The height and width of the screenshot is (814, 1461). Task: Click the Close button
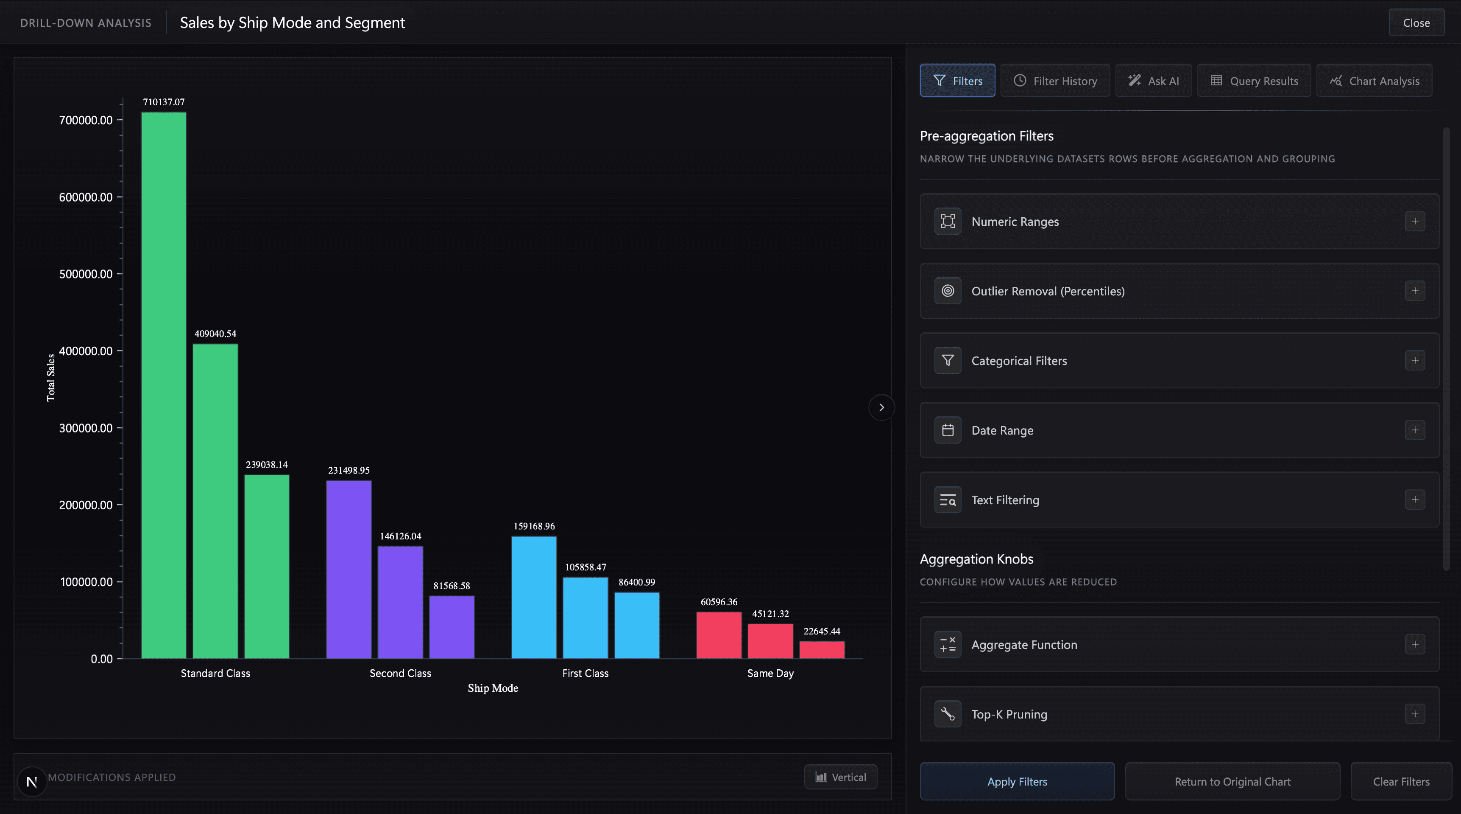point(1416,23)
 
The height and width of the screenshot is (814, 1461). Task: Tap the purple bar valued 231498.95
point(349,570)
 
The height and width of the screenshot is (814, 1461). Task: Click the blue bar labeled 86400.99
point(637,626)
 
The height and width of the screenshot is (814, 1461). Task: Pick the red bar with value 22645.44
point(822,650)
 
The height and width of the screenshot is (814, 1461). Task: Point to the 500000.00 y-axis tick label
point(86,274)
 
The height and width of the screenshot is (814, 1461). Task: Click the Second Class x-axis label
point(400,673)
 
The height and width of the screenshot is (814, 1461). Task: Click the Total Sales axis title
point(51,377)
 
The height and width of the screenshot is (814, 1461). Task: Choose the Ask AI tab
point(1154,81)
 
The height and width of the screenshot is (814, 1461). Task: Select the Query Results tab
point(1254,81)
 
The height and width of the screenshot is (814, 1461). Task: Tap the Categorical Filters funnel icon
point(948,360)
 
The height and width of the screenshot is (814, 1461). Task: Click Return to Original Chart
point(1232,781)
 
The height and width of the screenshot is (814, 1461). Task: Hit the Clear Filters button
point(1401,781)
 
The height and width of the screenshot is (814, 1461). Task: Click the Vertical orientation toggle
point(841,777)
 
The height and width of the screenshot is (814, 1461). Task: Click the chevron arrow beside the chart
point(881,407)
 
